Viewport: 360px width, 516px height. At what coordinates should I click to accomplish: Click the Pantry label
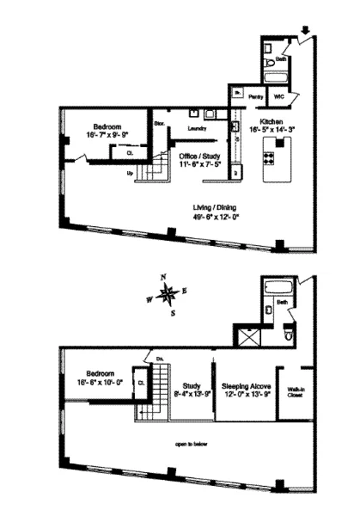[256, 97]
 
